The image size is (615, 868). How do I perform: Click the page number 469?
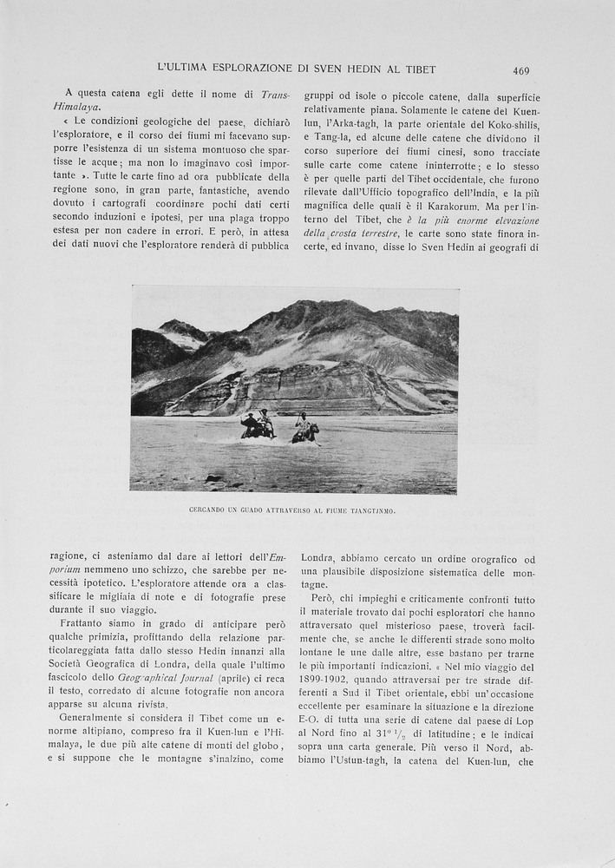(x=520, y=70)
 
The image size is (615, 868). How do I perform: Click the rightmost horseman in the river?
(x=304, y=421)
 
